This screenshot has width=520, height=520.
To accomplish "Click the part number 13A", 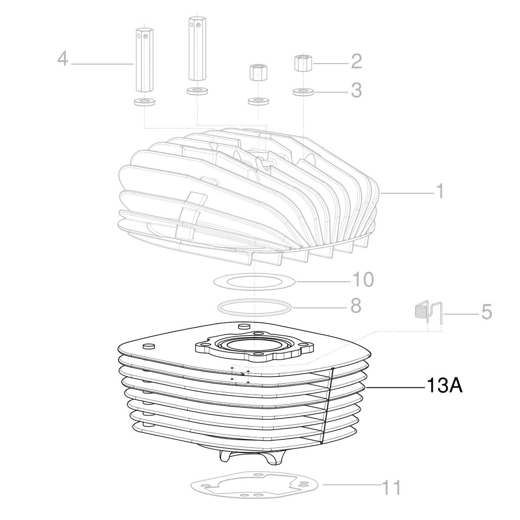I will click(x=445, y=386).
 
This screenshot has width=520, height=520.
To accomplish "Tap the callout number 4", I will click(x=63, y=59).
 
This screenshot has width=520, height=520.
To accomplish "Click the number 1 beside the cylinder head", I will click(x=439, y=191).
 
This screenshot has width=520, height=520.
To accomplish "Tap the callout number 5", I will click(x=486, y=312).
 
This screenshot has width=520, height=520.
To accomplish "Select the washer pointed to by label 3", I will click(x=303, y=92).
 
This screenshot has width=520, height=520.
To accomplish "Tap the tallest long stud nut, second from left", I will click(x=197, y=49).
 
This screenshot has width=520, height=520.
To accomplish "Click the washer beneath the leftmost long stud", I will click(x=143, y=103).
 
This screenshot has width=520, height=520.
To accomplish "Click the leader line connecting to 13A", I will click(x=394, y=387).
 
